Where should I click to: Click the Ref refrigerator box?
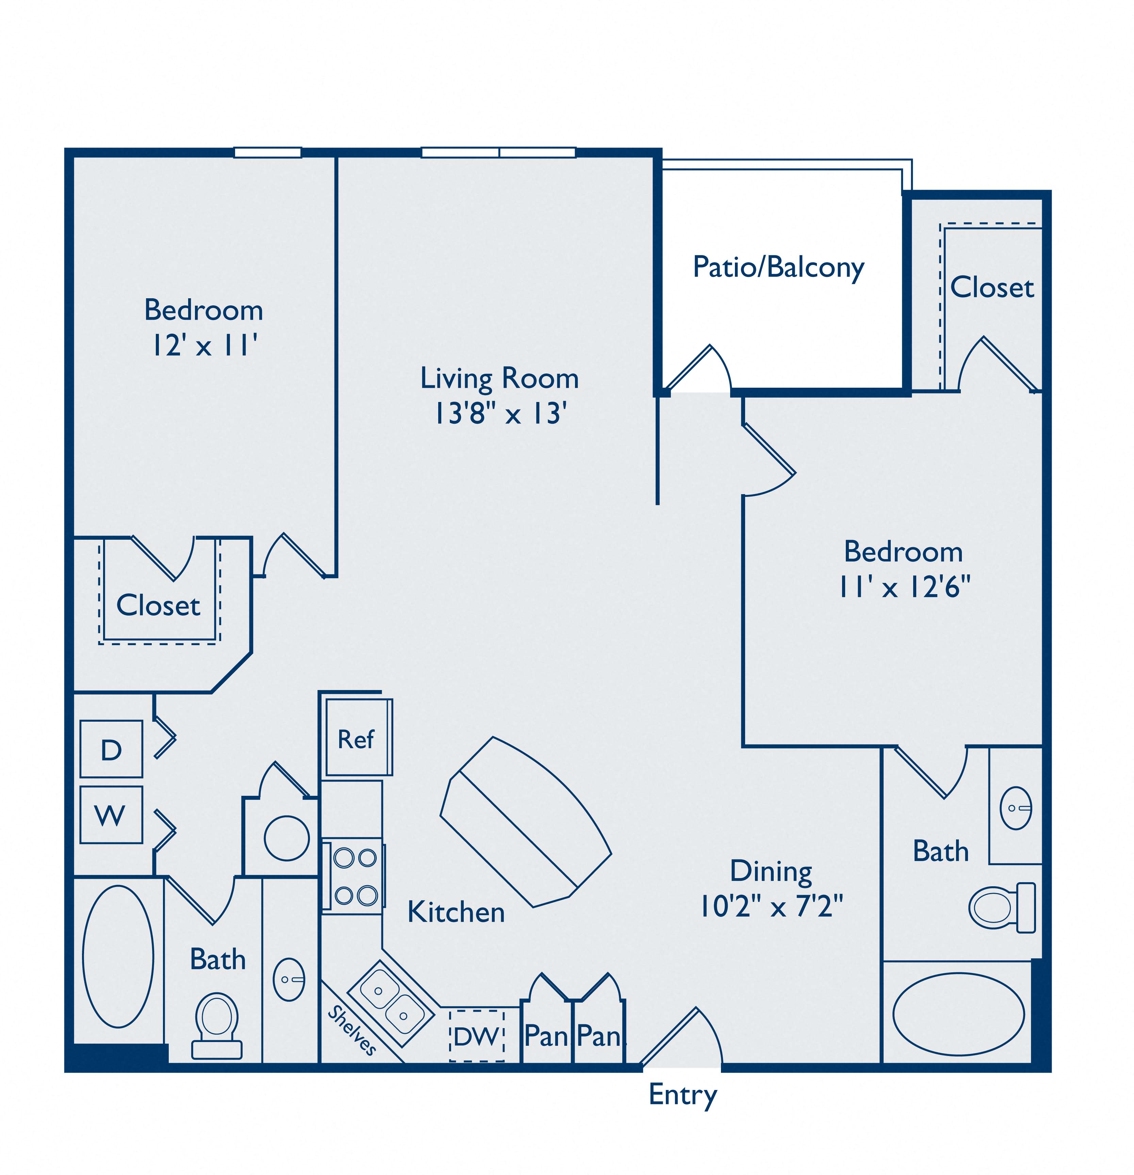[357, 739]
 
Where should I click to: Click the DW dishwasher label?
[477, 1036]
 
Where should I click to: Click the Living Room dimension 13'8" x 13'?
[500, 413]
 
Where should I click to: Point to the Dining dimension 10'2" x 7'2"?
[772, 906]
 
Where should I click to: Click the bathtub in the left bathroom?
[118, 956]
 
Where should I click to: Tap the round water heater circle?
[287, 838]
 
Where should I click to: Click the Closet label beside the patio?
[992, 288]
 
